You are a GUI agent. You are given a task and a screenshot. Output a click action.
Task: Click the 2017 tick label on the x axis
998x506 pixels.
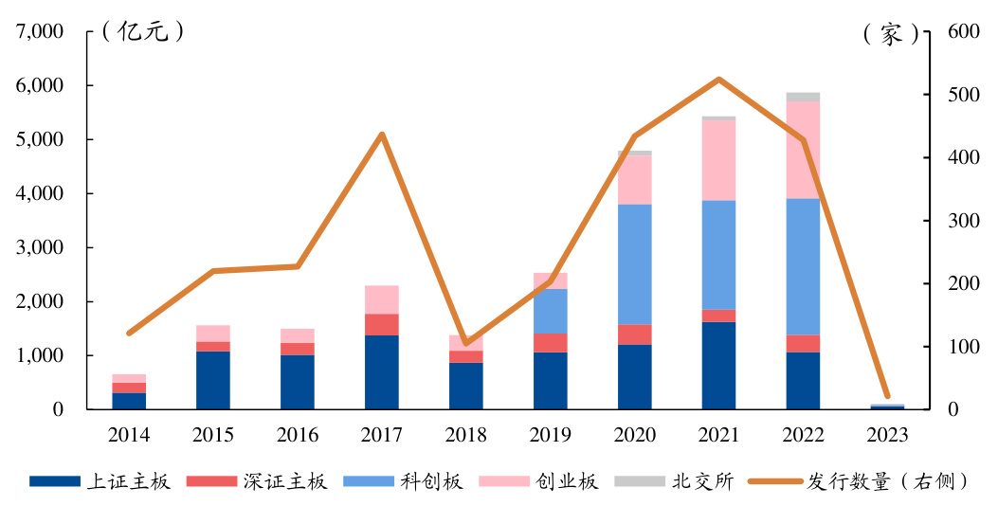[x=382, y=435]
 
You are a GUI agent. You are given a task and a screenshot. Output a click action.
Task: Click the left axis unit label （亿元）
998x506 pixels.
[x=142, y=32]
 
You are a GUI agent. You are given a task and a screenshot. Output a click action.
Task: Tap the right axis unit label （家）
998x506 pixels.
[x=891, y=34]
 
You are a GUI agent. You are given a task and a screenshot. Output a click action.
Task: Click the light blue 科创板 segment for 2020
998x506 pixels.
[x=635, y=264]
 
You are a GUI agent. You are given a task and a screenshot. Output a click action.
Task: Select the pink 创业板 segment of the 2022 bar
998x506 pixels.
[x=803, y=150]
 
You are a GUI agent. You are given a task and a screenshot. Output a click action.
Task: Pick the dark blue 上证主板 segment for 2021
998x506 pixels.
[x=719, y=366]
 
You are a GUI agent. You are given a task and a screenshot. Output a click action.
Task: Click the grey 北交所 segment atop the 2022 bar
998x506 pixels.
[x=803, y=97]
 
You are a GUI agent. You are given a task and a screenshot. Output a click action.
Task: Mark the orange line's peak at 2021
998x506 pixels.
[x=719, y=80]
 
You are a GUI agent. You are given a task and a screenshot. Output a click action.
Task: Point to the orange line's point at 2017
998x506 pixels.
[x=382, y=135]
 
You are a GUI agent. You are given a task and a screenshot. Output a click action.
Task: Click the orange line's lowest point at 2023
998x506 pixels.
[x=887, y=396]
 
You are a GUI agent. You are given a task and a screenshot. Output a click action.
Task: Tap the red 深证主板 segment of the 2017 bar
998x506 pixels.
[x=382, y=324]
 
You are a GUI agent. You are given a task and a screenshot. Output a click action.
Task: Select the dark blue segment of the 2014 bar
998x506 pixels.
[x=129, y=401]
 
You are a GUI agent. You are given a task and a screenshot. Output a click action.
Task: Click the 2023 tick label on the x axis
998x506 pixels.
[x=887, y=435]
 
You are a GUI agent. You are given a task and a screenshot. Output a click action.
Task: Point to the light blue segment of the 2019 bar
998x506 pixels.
[x=551, y=311]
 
